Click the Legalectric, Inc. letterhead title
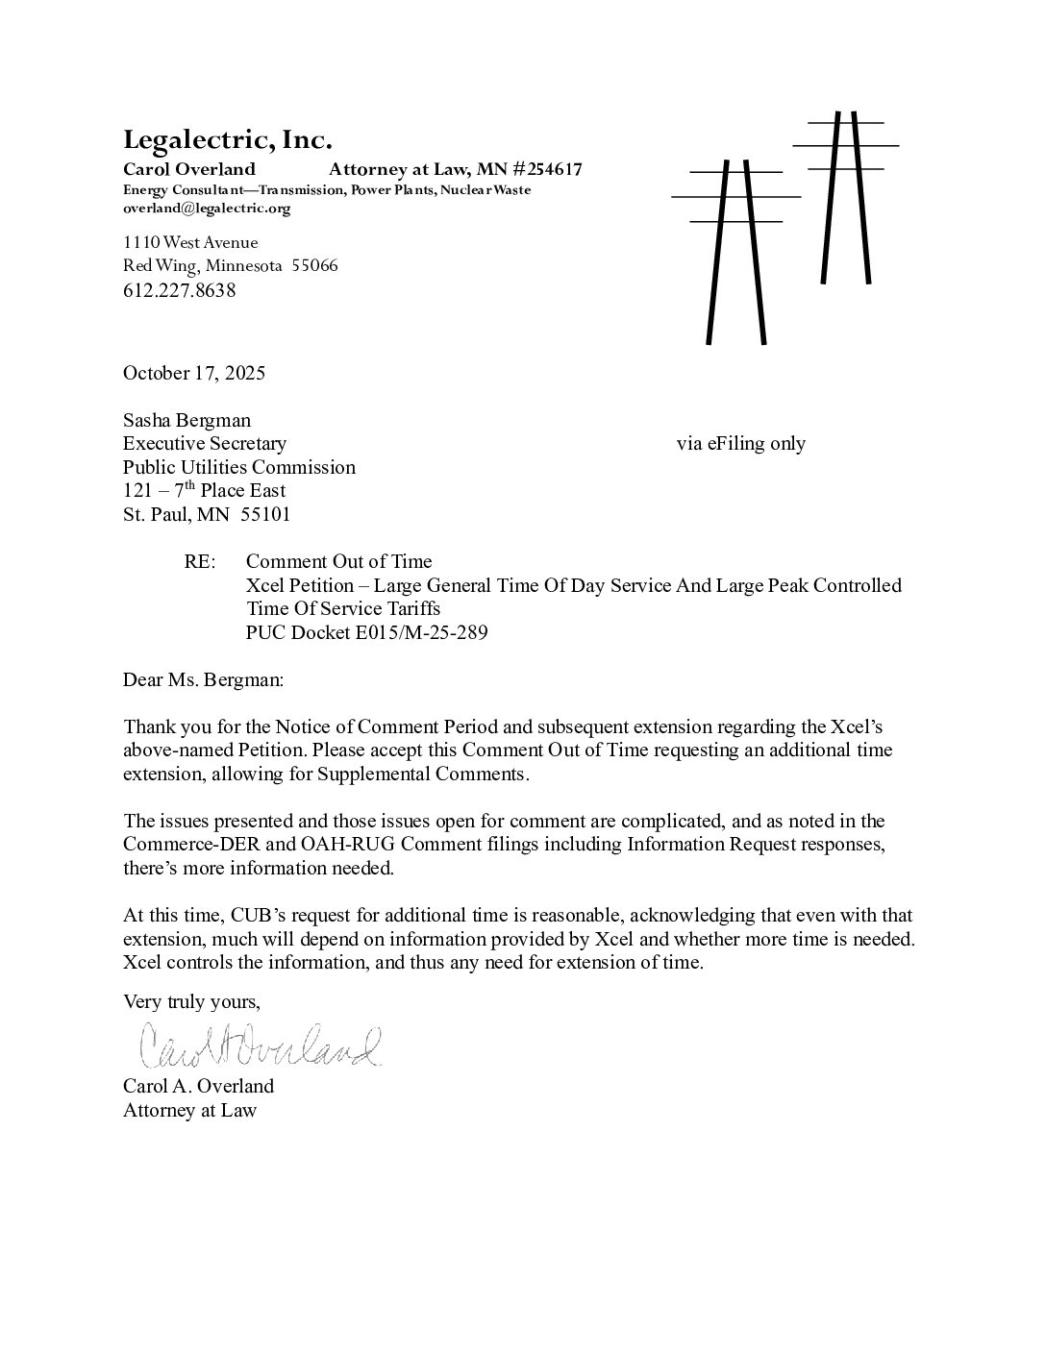(228, 140)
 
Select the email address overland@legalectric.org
(207, 208)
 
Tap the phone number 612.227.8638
(180, 290)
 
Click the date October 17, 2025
(194, 373)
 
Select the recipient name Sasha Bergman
(187, 420)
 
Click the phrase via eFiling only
(740, 443)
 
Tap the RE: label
(201, 561)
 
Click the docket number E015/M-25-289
(423, 632)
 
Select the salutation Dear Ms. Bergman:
(204, 679)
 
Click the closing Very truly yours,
(191, 1001)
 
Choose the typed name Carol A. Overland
(198, 1086)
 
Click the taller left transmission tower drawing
(736, 250)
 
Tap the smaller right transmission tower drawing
(846, 197)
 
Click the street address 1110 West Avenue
(190, 242)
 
